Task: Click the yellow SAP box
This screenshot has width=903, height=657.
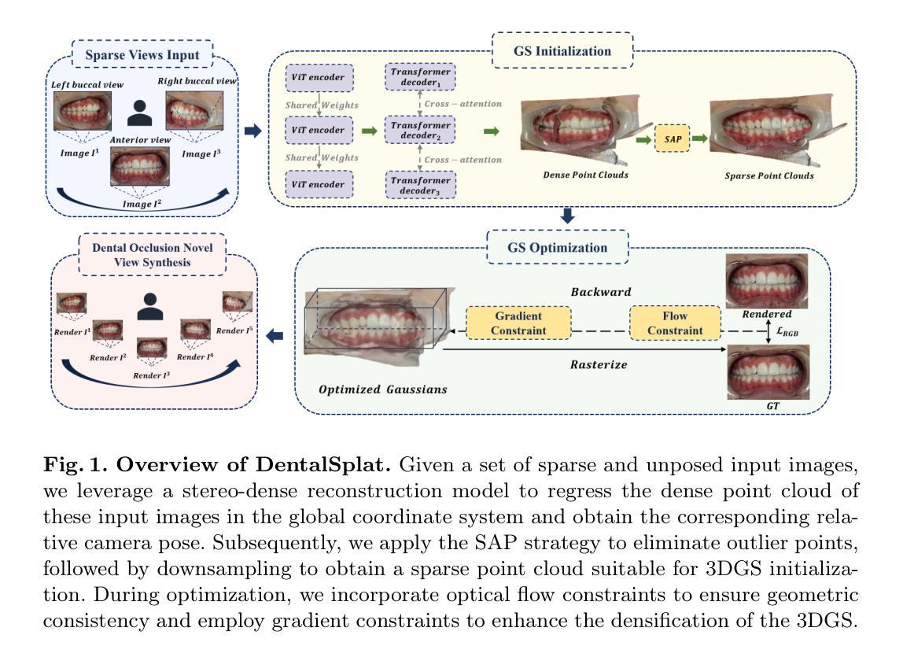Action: [672, 138]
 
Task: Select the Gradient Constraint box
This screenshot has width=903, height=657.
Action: [518, 323]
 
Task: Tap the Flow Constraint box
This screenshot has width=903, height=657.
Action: [675, 323]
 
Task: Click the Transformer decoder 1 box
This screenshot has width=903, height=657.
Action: [420, 76]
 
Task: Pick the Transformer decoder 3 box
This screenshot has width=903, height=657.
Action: [420, 185]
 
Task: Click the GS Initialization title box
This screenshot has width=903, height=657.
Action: [562, 50]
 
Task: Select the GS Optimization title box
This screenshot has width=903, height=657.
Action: [558, 247]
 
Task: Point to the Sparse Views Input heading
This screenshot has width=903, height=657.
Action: [142, 55]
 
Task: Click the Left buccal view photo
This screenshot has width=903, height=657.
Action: [83, 111]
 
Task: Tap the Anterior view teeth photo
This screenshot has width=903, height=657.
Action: [140, 166]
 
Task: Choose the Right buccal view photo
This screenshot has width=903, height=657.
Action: [194, 110]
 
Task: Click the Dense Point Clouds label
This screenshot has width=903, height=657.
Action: [586, 175]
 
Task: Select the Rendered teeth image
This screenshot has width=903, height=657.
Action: [766, 281]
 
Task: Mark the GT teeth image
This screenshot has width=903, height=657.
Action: [768, 371]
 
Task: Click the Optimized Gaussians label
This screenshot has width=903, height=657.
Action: [383, 389]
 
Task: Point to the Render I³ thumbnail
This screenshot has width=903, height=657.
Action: [152, 348]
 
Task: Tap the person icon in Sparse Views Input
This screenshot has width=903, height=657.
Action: [140, 113]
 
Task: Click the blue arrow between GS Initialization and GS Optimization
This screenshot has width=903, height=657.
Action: [568, 216]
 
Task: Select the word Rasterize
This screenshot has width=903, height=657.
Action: [599, 364]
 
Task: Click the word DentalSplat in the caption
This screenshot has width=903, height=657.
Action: [323, 464]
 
